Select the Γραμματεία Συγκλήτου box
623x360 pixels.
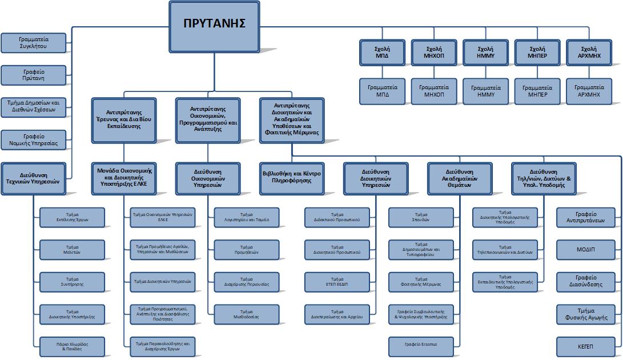[34, 43]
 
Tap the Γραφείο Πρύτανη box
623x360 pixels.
[34, 75]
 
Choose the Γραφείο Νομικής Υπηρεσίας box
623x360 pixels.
[34, 139]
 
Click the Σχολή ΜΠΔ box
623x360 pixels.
[382, 53]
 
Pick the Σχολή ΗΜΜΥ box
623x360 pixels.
[485, 53]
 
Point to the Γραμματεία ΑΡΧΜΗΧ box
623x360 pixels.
[589, 91]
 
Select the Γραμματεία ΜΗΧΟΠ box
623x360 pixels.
[433, 91]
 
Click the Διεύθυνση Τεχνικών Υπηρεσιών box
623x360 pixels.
[34, 178]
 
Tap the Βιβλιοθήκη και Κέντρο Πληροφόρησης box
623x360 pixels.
[292, 177]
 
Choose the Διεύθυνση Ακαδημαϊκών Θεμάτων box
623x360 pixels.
[459, 178]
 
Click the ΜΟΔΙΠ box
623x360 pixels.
[585, 249]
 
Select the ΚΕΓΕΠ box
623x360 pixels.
[585, 346]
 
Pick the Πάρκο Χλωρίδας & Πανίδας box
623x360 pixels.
[72, 346]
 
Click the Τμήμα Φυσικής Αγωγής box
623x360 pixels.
[585, 314]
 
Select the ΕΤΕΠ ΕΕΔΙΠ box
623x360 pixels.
[336, 282]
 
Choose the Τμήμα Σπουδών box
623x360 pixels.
[421, 218]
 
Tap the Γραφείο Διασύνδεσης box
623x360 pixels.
[585, 281]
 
